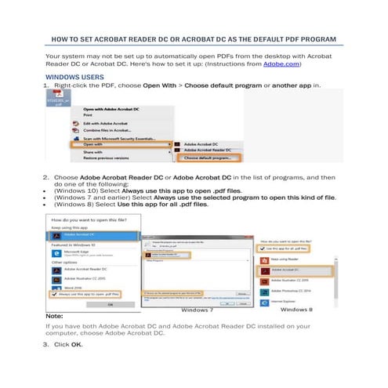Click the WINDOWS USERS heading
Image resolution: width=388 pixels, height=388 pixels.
pyautogui.click(x=74, y=78)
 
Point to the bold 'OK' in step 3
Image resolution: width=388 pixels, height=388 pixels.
pyautogui.click(x=76, y=343)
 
